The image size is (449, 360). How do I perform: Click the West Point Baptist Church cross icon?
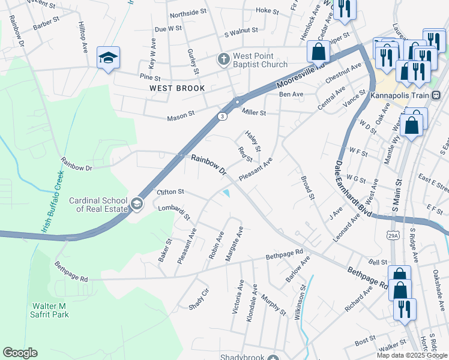(223, 59)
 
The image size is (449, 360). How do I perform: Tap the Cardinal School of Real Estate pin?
(137, 204)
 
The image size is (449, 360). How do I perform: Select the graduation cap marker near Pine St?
(108, 58)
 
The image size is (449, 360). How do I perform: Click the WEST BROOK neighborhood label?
(177, 88)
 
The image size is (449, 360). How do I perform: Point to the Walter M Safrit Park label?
(50, 310)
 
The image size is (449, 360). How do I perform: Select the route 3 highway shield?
(221, 116)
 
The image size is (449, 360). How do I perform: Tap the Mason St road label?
(184, 113)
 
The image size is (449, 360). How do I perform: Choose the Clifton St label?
(170, 192)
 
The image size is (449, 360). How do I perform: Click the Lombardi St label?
(174, 211)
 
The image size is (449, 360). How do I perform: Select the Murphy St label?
(273, 305)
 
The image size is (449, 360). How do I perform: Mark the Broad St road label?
(307, 188)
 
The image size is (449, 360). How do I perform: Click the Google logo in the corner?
(19, 353)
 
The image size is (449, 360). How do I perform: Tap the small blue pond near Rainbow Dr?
(228, 193)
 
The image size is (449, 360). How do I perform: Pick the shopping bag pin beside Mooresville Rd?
(318, 52)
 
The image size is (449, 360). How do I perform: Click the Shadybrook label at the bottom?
(242, 356)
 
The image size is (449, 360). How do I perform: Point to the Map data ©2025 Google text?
(412, 355)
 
